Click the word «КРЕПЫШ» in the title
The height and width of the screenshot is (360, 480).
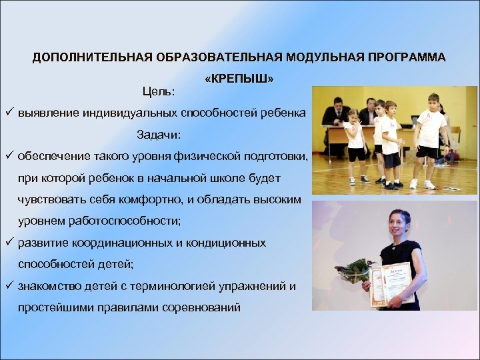[x=240, y=79]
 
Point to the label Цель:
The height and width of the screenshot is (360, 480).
[x=159, y=90]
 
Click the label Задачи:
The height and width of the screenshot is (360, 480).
[x=159, y=135]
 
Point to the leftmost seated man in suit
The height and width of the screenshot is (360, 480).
[x=336, y=113]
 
